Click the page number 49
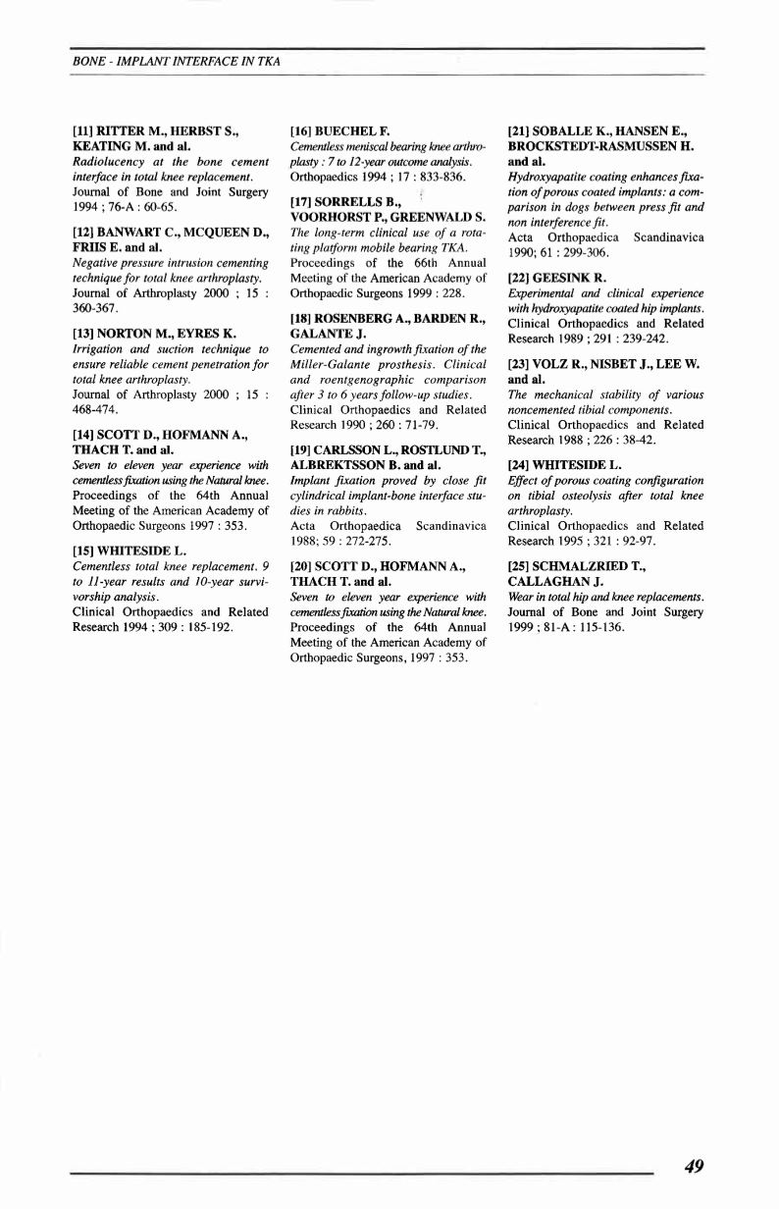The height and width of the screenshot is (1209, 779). click(x=694, y=1166)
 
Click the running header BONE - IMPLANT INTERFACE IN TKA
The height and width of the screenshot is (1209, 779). click(x=177, y=61)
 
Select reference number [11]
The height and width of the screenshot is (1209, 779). click(x=87, y=129)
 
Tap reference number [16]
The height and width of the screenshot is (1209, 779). click(x=305, y=129)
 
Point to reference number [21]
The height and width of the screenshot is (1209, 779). click(x=522, y=129)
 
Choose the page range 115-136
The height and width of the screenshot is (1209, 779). click(x=599, y=627)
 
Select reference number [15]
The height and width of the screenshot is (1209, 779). click(x=87, y=552)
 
